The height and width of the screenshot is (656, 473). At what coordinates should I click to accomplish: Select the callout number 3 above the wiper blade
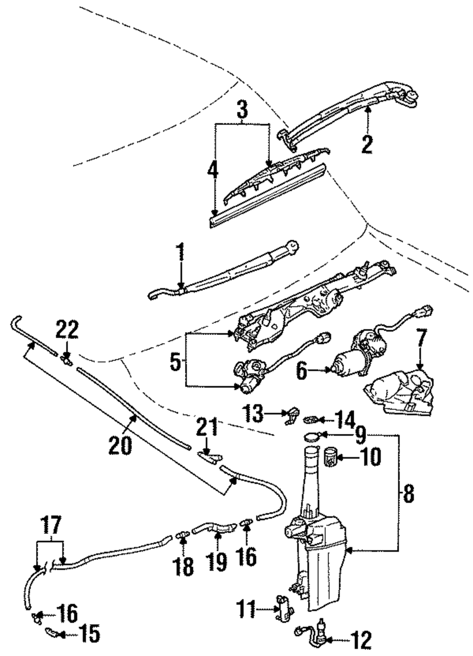click(x=242, y=108)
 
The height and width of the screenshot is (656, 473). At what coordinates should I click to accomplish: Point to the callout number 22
click(x=68, y=330)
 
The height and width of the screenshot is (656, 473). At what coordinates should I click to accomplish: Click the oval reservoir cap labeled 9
click(x=312, y=437)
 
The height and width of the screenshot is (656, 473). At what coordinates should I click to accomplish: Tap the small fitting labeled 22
click(x=67, y=359)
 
